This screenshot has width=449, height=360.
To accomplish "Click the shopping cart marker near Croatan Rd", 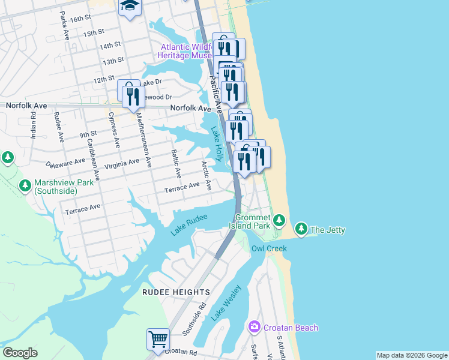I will point(158,338).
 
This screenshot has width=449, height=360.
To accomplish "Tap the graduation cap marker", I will point(129,7).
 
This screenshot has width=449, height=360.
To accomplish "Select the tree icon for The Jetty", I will point(301,229).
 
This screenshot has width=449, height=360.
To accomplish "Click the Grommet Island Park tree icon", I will point(279,220).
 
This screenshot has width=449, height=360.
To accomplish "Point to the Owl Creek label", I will point(269,248).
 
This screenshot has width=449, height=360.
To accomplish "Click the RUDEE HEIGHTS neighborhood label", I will point(176,292).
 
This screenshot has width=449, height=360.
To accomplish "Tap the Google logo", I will point(20,353).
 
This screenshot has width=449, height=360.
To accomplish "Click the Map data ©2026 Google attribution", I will point(412,355).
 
